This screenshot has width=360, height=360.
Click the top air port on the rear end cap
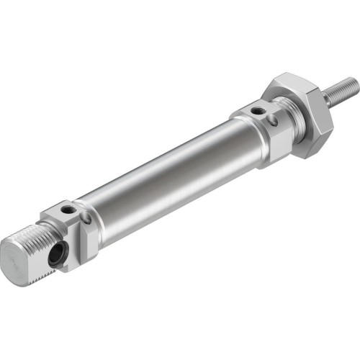67,210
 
